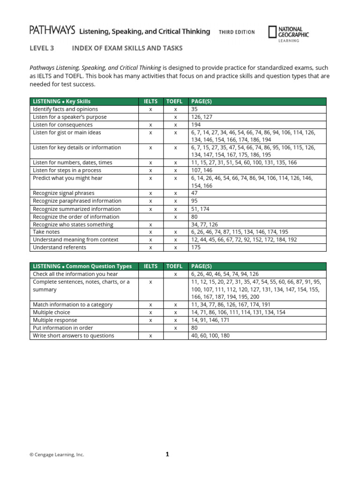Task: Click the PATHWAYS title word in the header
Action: (x=52, y=31)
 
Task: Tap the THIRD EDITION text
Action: (x=237, y=32)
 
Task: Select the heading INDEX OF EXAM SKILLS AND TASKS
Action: (x=127, y=48)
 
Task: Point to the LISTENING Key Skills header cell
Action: (x=61, y=101)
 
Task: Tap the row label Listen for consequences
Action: (x=62, y=125)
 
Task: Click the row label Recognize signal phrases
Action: (x=63, y=193)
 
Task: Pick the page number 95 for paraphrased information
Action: (x=195, y=201)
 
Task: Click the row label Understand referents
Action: (x=59, y=247)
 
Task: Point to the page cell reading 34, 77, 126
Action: (x=204, y=225)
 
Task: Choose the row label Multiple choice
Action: (x=51, y=312)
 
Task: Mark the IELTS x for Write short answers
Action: (x=150, y=336)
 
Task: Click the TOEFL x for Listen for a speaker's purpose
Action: (x=175, y=117)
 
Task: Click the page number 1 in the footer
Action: (x=167, y=454)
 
